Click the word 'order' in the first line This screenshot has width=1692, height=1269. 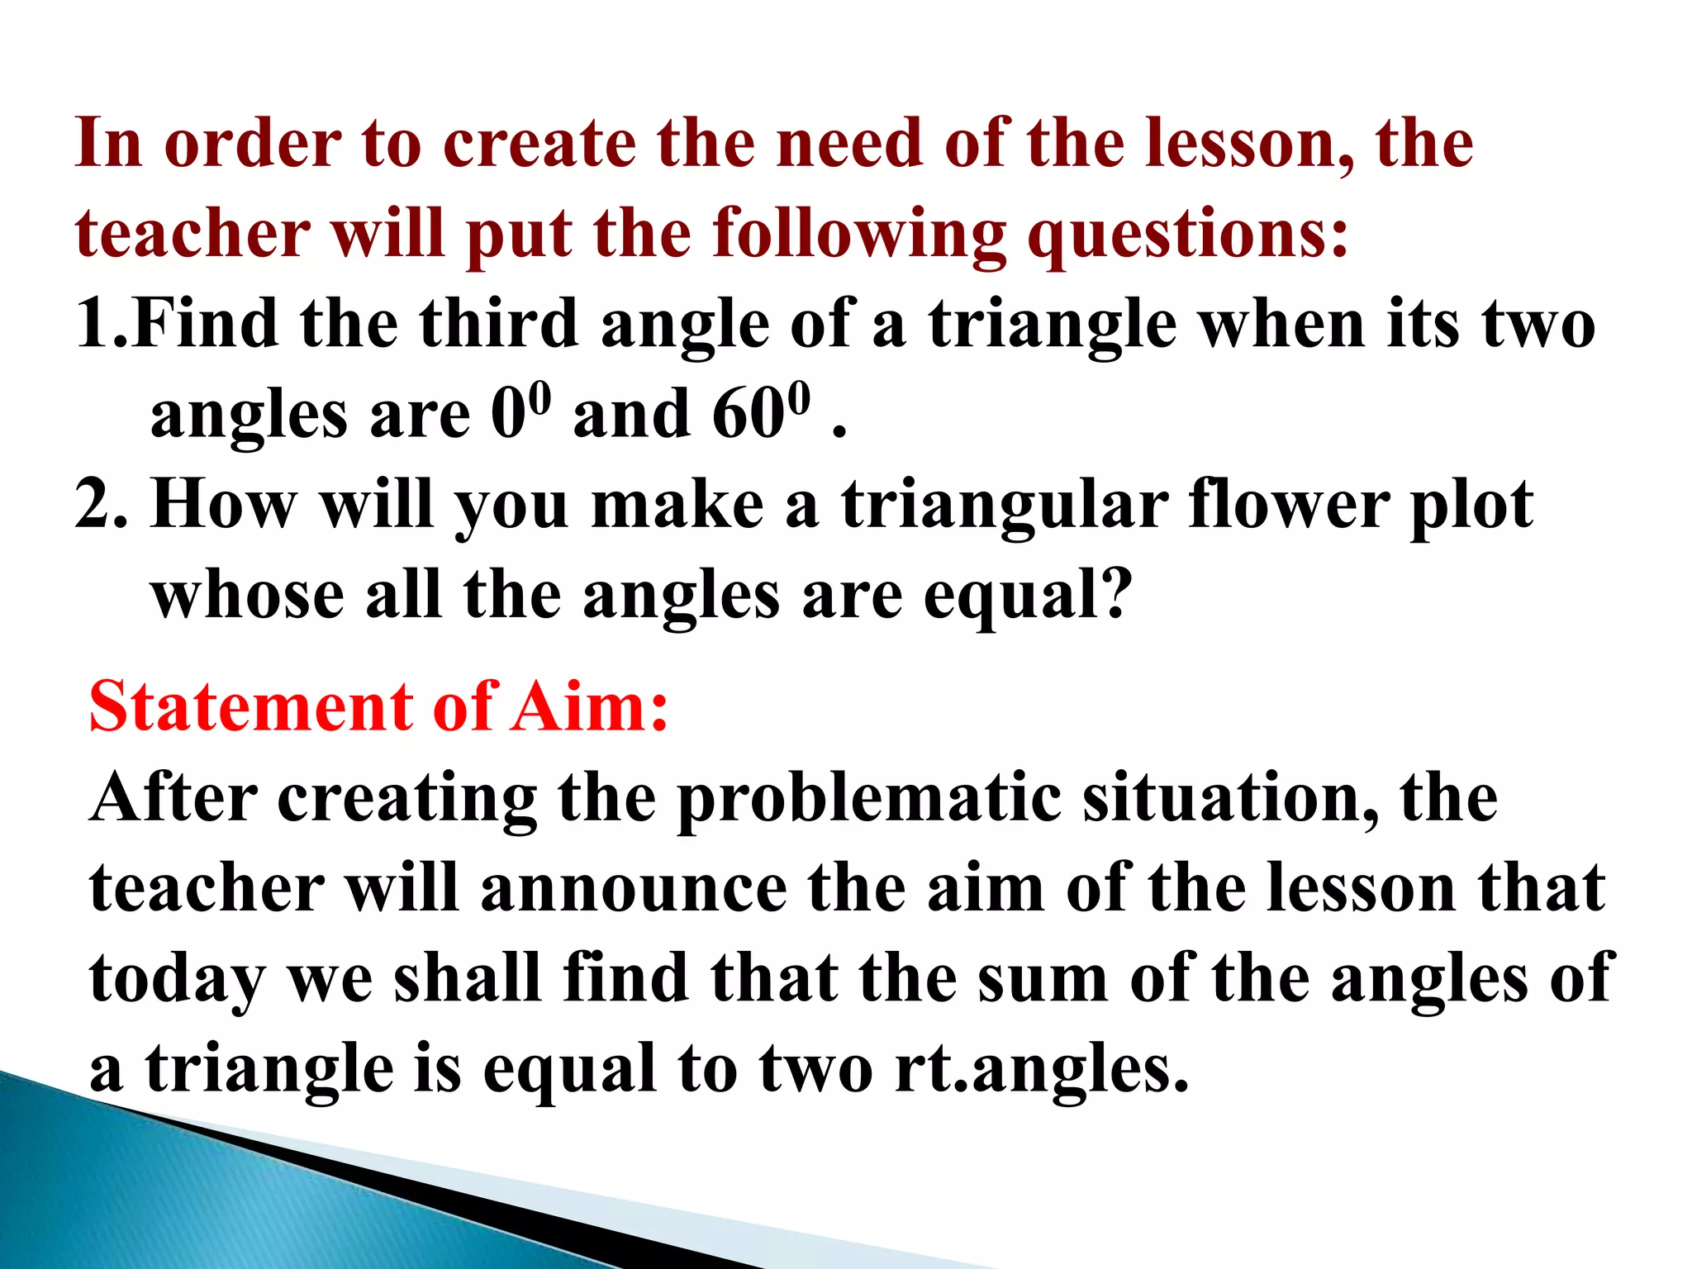click(x=253, y=144)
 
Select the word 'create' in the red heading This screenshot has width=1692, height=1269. click(x=539, y=144)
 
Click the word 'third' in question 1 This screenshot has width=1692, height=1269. click(x=498, y=324)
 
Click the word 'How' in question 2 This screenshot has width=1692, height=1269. click(x=225, y=505)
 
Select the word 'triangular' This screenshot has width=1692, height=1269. click(x=1005, y=505)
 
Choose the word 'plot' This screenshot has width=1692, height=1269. click(x=1471, y=505)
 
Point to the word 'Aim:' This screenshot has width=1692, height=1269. click(x=588, y=707)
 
